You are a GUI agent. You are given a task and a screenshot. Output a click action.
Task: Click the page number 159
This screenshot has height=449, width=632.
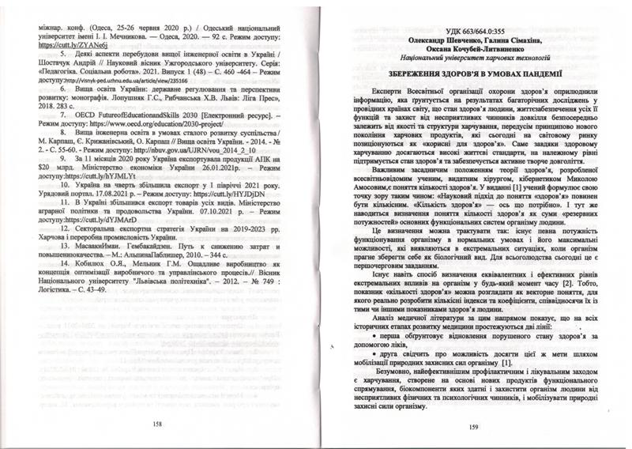point(472,428)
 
